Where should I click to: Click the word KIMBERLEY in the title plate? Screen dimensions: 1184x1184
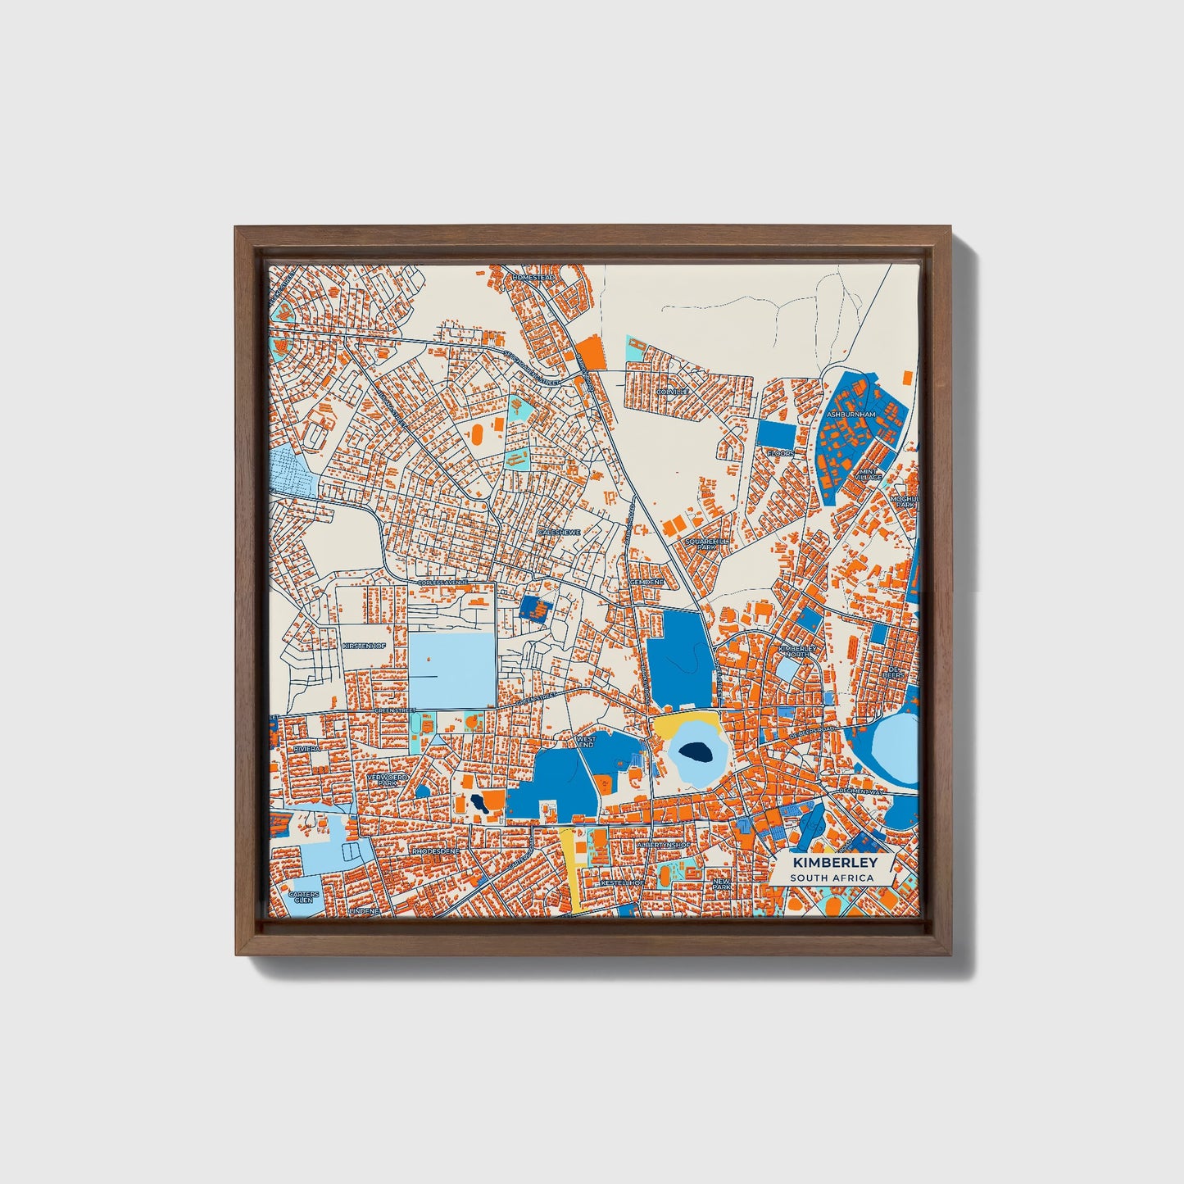834,863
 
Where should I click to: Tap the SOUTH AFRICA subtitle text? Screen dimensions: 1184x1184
832,878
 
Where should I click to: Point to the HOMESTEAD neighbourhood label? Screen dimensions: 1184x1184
533,278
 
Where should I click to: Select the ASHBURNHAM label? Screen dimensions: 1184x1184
851,415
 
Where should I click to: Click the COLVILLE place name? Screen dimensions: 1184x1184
672,392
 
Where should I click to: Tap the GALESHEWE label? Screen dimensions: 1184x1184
558,533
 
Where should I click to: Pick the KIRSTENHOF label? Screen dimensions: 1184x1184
364,646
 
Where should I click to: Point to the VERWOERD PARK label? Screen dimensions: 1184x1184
381,779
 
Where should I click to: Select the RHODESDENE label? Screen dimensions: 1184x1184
434,851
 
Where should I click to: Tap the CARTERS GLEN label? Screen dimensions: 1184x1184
303,897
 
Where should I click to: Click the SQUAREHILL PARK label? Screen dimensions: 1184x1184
706,544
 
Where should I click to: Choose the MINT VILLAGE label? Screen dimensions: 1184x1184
869,474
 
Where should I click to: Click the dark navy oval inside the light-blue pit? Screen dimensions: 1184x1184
695,751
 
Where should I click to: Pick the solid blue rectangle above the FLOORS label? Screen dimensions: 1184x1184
775,433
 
